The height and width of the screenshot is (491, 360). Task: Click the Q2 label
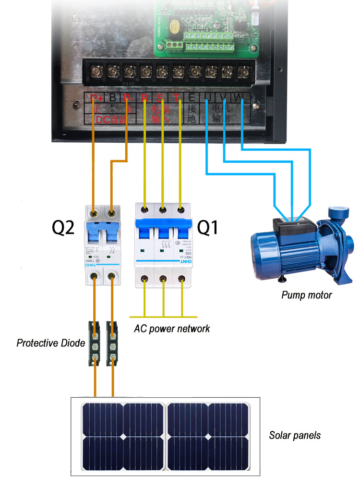(x=63, y=228)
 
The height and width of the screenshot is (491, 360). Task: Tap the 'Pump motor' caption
(x=306, y=295)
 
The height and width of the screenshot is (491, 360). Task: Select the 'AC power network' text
(x=171, y=329)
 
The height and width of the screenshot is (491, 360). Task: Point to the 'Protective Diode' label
(x=51, y=343)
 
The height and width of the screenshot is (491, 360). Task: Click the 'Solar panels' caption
(x=295, y=436)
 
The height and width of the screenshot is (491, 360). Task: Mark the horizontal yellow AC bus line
(x=164, y=317)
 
